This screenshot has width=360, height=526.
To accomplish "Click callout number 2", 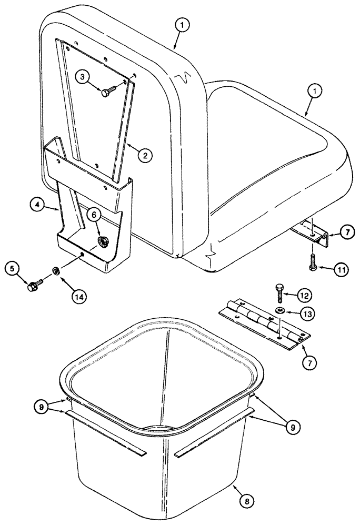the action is click(145, 155).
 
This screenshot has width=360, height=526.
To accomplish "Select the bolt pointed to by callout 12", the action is click(279, 292).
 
